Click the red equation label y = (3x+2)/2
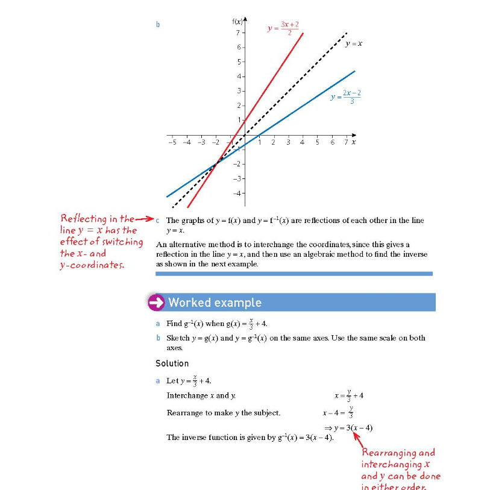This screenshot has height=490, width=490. click(283, 28)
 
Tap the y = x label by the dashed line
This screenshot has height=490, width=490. click(354, 43)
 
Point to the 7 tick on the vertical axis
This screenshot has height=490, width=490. click(238, 33)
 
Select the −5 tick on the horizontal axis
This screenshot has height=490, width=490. click(172, 142)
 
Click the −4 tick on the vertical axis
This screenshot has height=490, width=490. click(237, 193)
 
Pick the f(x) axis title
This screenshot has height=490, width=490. click(239, 22)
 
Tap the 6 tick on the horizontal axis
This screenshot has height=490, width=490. click(332, 142)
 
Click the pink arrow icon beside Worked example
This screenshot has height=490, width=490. click(157, 303)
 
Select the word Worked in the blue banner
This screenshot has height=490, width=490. click(188, 303)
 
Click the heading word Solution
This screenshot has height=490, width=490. click(172, 363)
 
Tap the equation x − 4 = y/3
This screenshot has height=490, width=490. click(338, 413)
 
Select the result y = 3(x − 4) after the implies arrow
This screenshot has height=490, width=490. click(353, 428)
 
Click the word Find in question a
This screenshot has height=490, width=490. click(174, 324)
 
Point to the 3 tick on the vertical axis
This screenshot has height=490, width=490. click(238, 90)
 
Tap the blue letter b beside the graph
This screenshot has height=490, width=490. click(158, 25)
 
